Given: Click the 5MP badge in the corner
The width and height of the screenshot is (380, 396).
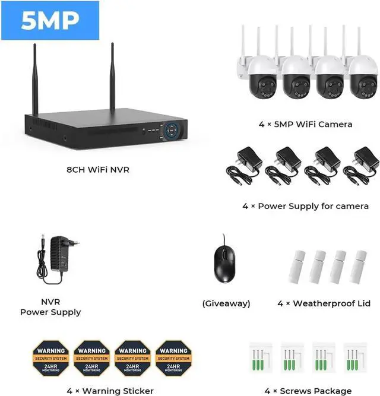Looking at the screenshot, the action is (50, 21).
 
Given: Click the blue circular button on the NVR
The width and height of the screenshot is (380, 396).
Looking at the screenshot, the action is (173, 130).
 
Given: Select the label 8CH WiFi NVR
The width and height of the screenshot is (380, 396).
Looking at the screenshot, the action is (98, 170).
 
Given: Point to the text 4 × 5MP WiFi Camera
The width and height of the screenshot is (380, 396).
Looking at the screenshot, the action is (305, 124).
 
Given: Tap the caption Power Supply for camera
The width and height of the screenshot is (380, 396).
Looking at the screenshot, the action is (305, 206).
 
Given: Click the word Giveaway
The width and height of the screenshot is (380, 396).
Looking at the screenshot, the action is (226, 303).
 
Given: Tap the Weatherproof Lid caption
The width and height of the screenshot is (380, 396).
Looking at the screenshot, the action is (324, 303).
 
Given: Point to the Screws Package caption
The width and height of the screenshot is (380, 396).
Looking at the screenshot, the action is (309, 391).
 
